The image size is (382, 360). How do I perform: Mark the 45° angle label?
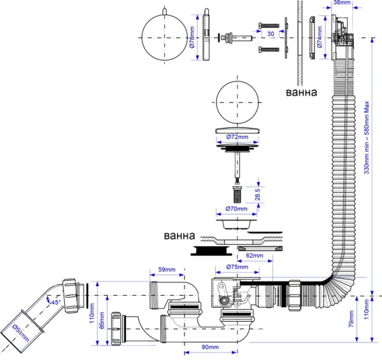(x=55, y=303)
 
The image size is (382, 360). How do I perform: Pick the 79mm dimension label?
(x=350, y=319)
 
